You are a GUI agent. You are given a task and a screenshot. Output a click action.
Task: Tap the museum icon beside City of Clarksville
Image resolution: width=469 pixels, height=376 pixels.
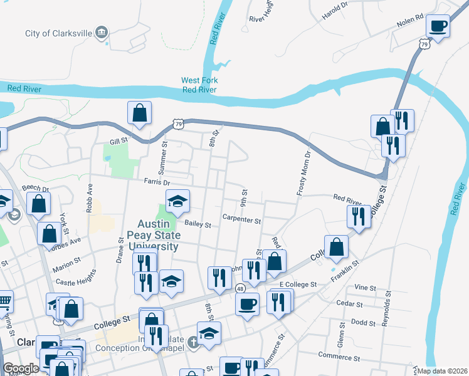tap(102, 33)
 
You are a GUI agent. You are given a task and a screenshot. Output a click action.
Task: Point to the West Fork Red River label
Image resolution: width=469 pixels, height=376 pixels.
tap(199, 85)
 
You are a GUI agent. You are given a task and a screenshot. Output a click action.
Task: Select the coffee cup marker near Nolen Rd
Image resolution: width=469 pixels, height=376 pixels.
tap(438, 26)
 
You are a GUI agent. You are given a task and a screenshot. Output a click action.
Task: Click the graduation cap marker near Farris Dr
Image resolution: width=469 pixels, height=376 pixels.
tap(178, 201)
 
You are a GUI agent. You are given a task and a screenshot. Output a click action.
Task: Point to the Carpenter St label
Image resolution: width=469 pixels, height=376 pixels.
tap(241, 219)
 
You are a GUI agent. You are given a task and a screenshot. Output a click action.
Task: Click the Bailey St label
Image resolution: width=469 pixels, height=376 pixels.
tap(197, 223)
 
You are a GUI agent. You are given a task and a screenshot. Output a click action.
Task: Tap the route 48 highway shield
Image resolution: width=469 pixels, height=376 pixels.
tap(241, 288)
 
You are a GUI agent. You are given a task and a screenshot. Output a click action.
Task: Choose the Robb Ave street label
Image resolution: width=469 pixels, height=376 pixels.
tap(90, 197)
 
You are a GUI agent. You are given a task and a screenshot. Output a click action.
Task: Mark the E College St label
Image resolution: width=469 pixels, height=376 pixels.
tap(299, 285)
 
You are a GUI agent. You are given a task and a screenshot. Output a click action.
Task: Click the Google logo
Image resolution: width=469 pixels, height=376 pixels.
tap(21, 368)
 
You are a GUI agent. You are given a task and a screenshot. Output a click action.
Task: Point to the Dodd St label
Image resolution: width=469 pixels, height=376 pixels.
tap(364, 323)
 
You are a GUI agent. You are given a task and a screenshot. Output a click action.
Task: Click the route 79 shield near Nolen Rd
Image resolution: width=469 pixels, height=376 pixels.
tap(424, 44)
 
